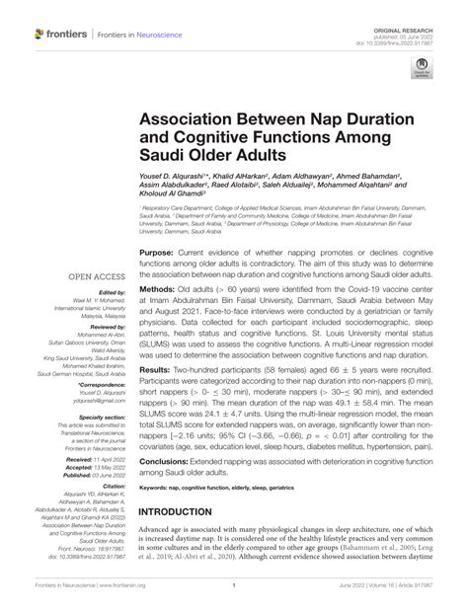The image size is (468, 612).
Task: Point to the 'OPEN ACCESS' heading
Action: point(98,277)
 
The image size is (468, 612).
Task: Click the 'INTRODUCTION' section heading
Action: point(195,543)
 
